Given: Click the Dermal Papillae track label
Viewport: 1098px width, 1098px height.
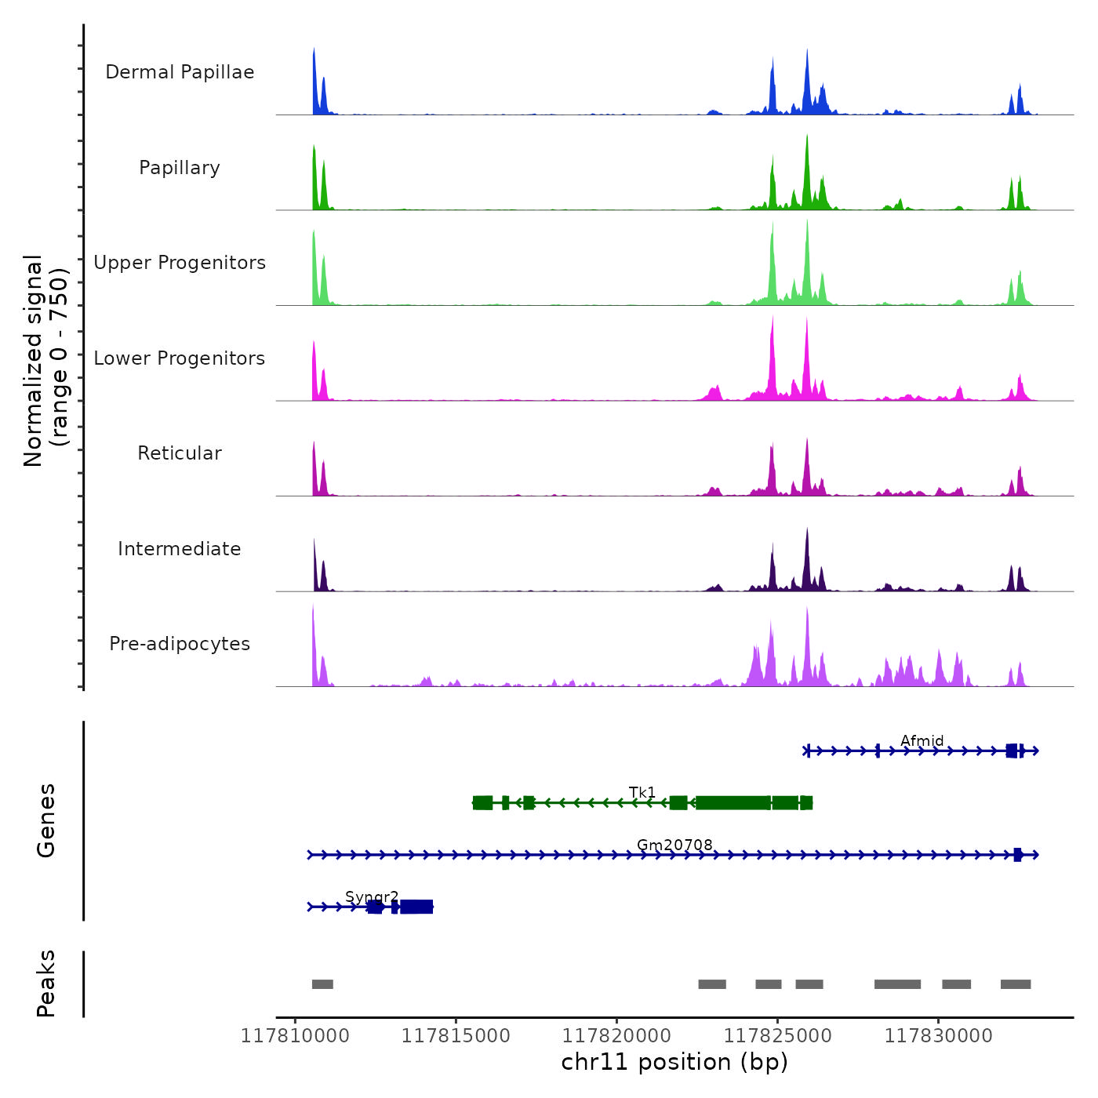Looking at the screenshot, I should [180, 72].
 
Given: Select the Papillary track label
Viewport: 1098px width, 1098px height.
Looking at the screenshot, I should [180, 168].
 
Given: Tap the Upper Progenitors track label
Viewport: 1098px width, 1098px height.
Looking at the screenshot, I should [180, 263].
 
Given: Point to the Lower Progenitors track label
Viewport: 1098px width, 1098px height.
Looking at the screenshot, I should [180, 358].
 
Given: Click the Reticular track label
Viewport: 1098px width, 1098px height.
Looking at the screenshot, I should [180, 453].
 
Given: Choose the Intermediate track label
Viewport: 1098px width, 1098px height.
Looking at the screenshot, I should [180, 549].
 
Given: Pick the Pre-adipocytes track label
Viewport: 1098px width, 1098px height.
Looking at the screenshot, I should [180, 644].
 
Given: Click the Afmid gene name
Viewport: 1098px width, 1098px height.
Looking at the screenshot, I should [922, 740].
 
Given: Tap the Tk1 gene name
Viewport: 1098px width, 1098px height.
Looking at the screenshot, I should [642, 792].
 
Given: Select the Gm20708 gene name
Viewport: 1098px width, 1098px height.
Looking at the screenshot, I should [674, 845].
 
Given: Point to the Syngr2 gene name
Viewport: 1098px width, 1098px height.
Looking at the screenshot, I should [372, 896].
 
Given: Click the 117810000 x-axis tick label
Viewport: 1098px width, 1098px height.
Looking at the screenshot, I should [295, 1036].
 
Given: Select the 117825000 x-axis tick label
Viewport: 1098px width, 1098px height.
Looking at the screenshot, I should [777, 1036].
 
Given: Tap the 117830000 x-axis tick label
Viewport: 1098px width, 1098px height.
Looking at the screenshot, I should [938, 1036].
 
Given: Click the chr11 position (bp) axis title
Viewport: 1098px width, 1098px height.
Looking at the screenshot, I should [674, 1062].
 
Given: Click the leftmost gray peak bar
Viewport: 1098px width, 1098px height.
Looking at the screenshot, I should [322, 984].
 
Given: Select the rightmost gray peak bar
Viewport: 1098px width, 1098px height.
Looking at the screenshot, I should [1016, 984].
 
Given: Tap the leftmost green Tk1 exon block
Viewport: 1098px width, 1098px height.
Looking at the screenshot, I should [483, 802].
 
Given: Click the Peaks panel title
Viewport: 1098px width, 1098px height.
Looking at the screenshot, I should [46, 983].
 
